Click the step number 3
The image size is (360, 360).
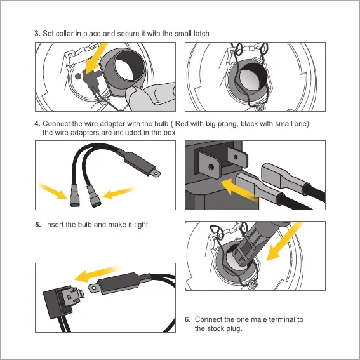(x=37, y=34)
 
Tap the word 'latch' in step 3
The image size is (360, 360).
(x=201, y=34)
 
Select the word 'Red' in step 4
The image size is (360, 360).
(x=182, y=124)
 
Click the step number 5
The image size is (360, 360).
(x=38, y=225)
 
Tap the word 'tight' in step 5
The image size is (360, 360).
(x=142, y=225)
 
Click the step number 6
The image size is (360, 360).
(x=187, y=319)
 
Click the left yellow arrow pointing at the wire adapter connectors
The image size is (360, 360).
(x=52, y=190)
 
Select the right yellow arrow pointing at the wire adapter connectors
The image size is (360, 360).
(x=119, y=192)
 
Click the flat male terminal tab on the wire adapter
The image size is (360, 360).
(x=156, y=173)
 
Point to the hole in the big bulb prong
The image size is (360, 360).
(x=211, y=166)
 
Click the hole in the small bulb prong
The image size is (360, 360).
(x=236, y=157)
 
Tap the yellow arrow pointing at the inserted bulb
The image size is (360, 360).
(x=284, y=242)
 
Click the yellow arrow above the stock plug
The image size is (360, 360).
(x=98, y=274)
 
